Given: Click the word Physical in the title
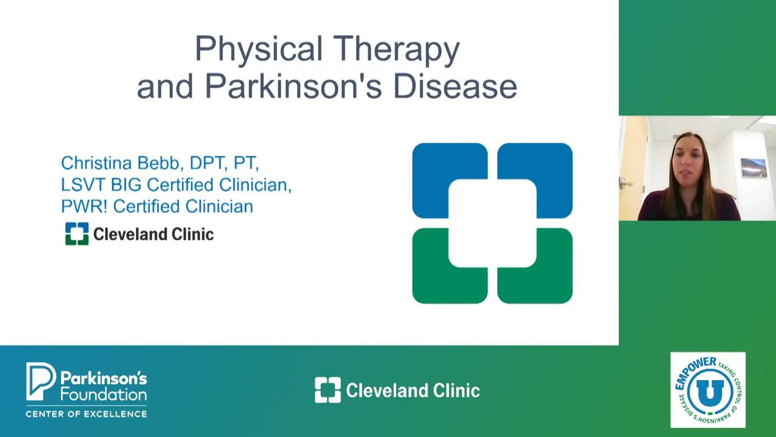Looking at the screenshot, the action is click(x=259, y=49).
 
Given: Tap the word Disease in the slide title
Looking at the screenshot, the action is click(x=455, y=86).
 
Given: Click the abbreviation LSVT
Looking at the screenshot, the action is click(x=83, y=185).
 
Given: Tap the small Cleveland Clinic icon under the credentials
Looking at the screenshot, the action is click(x=77, y=234).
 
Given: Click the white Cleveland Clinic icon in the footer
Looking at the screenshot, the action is click(x=328, y=390).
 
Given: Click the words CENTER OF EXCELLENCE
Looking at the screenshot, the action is click(x=86, y=414).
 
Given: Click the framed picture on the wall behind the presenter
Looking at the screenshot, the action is click(x=754, y=168).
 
